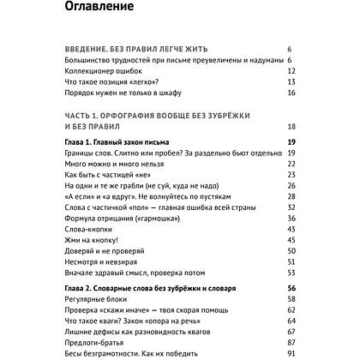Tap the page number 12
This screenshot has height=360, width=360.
click(x=291, y=71)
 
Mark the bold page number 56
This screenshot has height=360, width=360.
click(x=291, y=289)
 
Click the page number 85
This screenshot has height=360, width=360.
click(x=291, y=339)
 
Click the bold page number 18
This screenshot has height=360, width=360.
click(x=291, y=126)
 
